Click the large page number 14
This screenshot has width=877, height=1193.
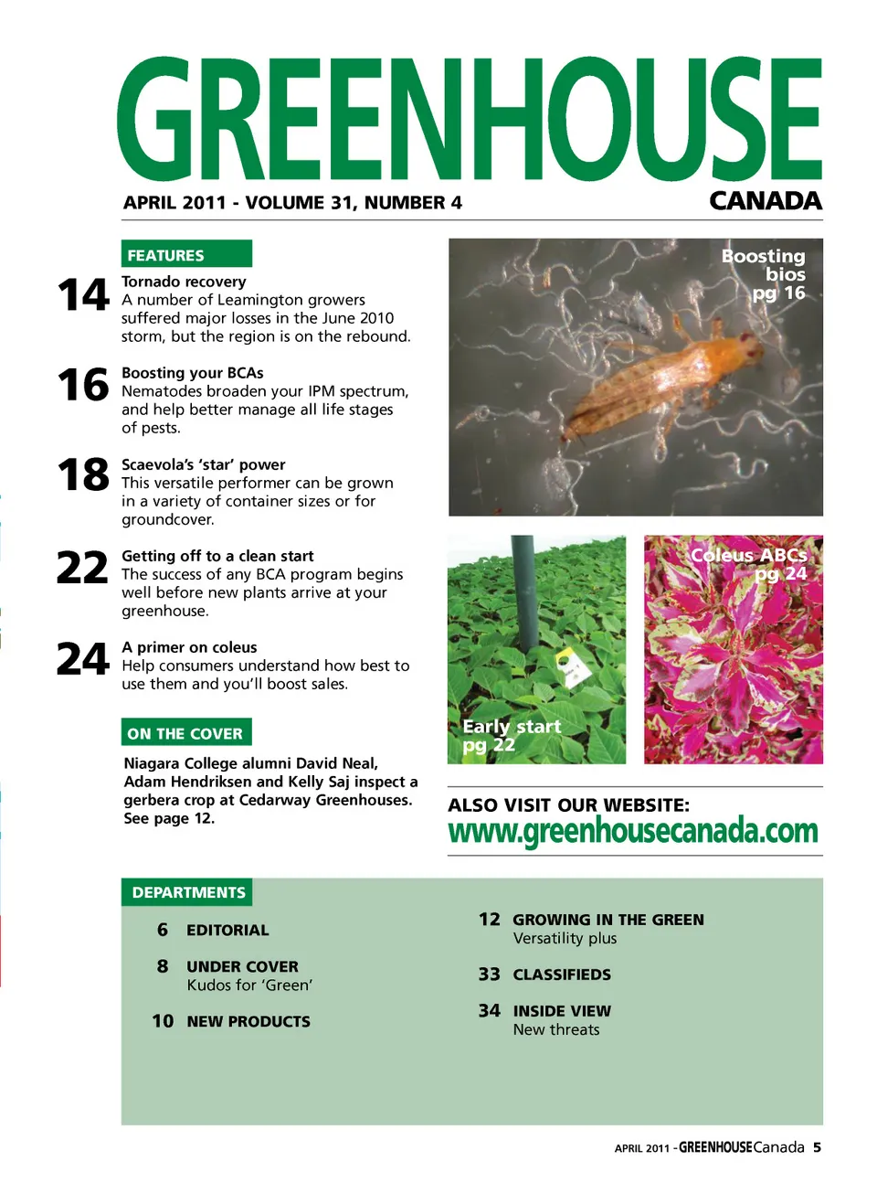coord(82,295)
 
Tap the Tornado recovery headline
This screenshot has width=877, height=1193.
coord(184,282)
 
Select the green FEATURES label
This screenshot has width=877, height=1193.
coord(186,254)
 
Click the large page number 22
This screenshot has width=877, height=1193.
coord(82,568)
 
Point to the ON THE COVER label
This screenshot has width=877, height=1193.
coord(186,733)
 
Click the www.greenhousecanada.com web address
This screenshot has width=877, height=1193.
coord(633,831)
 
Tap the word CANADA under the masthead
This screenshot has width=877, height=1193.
coord(766,201)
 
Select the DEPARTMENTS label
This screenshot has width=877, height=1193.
coord(188,892)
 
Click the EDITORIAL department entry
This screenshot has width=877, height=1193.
coord(227,930)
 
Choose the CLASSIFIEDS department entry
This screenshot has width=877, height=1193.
coord(562,975)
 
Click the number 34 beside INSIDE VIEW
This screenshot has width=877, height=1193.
coord(490,1010)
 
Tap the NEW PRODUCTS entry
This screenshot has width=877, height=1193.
coord(248,1021)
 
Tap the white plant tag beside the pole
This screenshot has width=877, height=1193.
coord(572,666)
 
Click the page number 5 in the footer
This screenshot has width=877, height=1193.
coord(817,1147)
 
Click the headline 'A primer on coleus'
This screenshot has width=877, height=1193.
coord(189,647)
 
